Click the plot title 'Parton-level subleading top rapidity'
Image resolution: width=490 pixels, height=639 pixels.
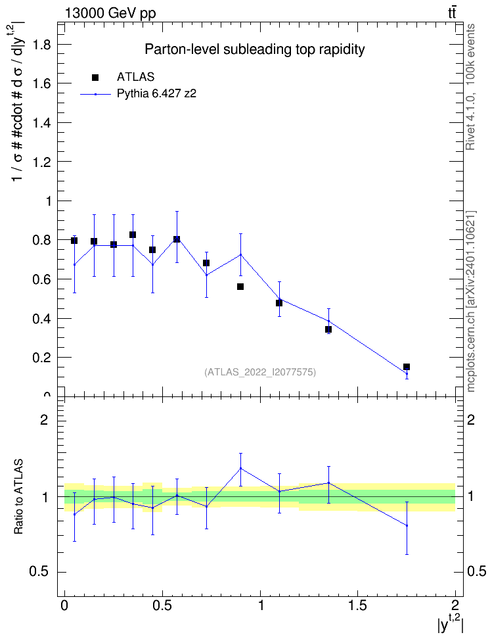click(255, 50)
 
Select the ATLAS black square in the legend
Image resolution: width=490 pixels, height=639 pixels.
click(95, 78)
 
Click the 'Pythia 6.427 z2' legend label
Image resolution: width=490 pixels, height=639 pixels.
click(157, 94)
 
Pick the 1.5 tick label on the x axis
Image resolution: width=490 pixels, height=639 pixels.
click(357, 605)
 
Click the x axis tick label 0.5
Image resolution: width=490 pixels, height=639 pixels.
click(162, 605)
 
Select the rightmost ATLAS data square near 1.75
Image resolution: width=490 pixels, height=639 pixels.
click(406, 367)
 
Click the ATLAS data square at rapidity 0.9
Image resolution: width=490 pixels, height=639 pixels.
click(240, 287)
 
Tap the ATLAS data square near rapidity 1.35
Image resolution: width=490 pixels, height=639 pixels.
click(328, 329)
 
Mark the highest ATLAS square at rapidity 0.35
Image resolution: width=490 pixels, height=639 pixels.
click(133, 235)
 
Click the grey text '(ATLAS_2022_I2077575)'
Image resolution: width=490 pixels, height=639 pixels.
click(260, 372)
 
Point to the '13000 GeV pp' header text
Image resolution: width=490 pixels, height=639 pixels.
click(110, 14)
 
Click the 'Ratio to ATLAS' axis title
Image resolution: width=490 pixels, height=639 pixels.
click(18, 497)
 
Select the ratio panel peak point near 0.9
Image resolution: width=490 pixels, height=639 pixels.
click(240, 468)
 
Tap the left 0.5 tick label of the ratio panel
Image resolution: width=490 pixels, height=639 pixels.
click(39, 572)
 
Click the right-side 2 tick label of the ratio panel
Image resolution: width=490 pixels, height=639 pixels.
click(471, 419)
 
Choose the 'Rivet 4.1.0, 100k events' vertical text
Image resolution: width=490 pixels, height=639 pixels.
click(470, 87)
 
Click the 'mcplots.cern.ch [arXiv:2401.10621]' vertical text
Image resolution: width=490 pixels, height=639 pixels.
click(471, 302)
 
